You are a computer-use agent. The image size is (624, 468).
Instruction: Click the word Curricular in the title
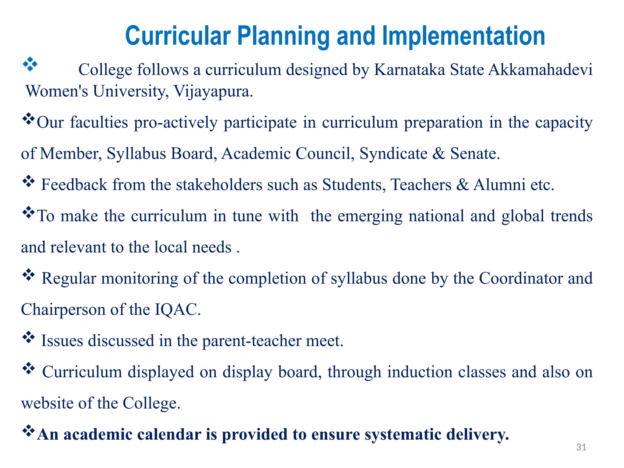178,36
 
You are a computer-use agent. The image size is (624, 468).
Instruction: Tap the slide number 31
581,447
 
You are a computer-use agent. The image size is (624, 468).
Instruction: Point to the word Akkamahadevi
540,70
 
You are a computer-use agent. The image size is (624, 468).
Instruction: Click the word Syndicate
393,153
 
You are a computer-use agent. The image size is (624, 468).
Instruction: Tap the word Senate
475,153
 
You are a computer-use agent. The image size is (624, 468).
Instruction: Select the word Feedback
74,185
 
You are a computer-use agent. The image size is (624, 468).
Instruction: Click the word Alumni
499,185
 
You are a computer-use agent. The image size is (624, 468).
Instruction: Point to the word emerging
370,216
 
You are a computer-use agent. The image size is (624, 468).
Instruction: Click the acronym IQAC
177,310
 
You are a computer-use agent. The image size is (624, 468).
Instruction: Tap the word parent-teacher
251,341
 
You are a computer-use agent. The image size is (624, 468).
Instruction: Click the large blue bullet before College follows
30,64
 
